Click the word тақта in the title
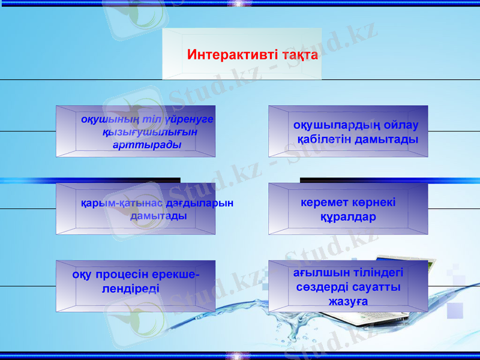point(299,56)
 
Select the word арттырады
point(147,145)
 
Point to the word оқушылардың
point(329,125)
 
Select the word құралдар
point(348,217)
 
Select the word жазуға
point(348,301)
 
